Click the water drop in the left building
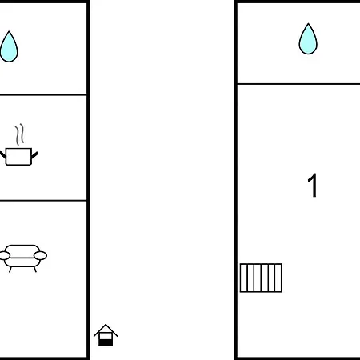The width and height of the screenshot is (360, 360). click(x=9, y=47)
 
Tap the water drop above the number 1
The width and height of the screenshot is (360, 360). click(x=308, y=39)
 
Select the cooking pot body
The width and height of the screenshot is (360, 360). click(x=18, y=157)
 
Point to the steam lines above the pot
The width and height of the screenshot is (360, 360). click(x=19, y=134)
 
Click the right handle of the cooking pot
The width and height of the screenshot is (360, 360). click(x=34, y=155)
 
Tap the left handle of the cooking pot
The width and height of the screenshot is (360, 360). click(x=2, y=155)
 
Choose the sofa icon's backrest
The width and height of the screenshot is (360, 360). click(x=22, y=251)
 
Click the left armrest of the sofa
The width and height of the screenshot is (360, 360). click(x=4, y=255)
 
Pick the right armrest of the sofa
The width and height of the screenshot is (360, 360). click(x=40, y=255)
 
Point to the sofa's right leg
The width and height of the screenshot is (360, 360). click(x=35, y=270)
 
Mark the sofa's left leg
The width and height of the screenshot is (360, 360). click(x=10, y=270)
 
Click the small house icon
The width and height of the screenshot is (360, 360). click(x=106, y=335)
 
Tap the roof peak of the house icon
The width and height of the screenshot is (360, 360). click(x=106, y=325)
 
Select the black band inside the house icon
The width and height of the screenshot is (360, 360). click(x=106, y=342)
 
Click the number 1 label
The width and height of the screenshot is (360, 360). click(x=312, y=186)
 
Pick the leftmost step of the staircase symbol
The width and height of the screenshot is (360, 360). click(x=244, y=278)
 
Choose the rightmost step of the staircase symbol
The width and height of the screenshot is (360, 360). click(x=278, y=278)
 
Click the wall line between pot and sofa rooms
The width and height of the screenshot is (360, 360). click(x=43, y=200)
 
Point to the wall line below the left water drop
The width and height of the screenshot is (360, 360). click(x=43, y=94)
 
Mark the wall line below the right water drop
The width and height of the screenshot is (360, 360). click(x=298, y=84)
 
